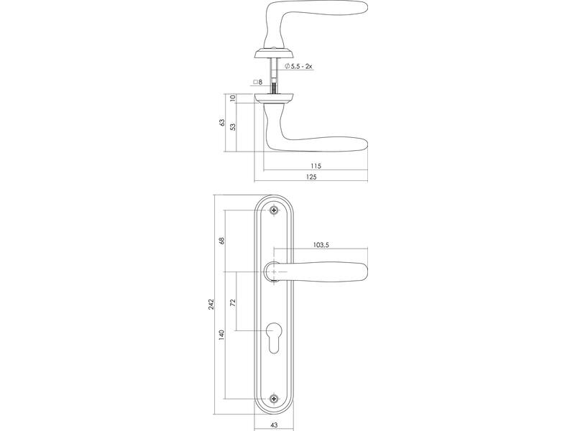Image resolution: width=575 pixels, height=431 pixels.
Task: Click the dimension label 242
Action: (x=211, y=305)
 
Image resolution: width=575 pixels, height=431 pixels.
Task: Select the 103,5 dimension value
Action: (x=321, y=245)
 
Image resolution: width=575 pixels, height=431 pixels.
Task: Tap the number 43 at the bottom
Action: (x=274, y=425)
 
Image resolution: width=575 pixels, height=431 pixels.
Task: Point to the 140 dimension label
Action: (x=221, y=335)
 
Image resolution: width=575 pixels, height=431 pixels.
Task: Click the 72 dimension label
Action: (x=232, y=302)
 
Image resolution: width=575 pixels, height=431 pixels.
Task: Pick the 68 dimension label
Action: (x=221, y=241)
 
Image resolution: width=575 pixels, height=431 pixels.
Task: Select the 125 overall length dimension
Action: (x=311, y=177)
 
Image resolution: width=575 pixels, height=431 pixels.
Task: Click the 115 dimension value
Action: (x=316, y=166)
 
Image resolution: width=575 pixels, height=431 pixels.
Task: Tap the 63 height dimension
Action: (x=221, y=122)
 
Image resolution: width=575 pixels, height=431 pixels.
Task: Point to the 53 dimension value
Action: (x=232, y=127)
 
